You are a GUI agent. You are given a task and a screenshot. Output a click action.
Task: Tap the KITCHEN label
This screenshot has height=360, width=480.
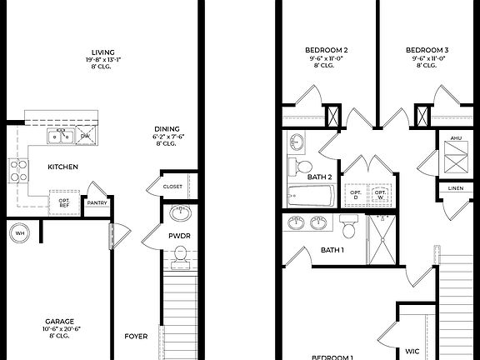pyautogui.click(x=62, y=167)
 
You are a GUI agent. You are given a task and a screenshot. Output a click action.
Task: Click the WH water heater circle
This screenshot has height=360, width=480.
pyautogui.click(x=19, y=233)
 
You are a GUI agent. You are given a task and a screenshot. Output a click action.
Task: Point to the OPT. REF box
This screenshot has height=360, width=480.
pyautogui.click(x=64, y=202)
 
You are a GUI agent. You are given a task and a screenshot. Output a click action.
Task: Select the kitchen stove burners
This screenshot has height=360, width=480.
pyautogui.click(x=17, y=172)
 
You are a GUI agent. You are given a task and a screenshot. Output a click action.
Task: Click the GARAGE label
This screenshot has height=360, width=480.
pyautogui.click(x=59, y=321)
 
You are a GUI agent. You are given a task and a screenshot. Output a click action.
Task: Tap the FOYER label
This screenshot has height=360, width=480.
pyautogui.click(x=136, y=337)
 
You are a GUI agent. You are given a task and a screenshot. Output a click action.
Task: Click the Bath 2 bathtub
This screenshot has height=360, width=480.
pyautogui.click(x=310, y=197)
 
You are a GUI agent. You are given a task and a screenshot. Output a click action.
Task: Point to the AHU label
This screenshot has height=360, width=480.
pyautogui.click(x=455, y=138)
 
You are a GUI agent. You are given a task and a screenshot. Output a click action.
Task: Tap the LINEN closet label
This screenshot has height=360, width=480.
pyautogui.click(x=455, y=188)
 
